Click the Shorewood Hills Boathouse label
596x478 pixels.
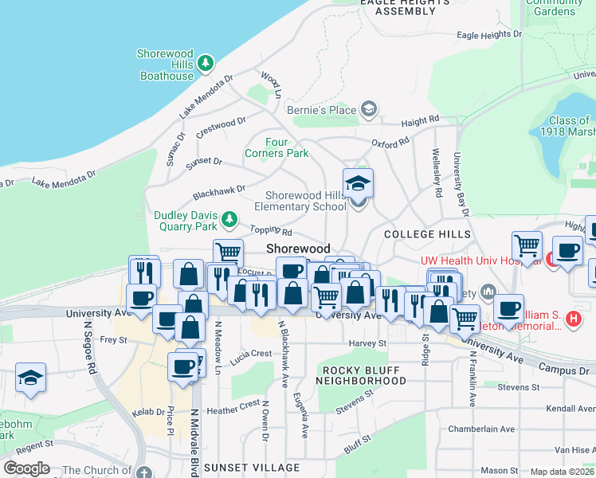pyautogui.click(x=166, y=65)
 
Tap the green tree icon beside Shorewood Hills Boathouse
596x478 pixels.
pyautogui.click(x=206, y=61)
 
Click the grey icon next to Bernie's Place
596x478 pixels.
pyautogui.click(x=368, y=109)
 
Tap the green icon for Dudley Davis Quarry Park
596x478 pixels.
pyautogui.click(x=229, y=217)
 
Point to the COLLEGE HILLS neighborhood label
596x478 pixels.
pyautogui.click(x=421, y=234)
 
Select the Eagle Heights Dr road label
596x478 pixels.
pyautogui.click(x=489, y=35)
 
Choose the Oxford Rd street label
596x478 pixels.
pyautogui.click(x=390, y=142)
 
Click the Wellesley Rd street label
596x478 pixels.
pyautogui.click(x=437, y=173)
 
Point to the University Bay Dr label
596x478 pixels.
pyautogui.click(x=460, y=183)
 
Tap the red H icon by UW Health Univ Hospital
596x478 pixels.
pyautogui.click(x=550, y=259)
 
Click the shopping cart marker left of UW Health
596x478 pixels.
pyautogui.click(x=527, y=246)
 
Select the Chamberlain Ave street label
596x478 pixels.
pyautogui.click(x=478, y=429)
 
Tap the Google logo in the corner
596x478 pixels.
pyautogui.click(x=26, y=468)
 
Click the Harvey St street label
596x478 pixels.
pyautogui.click(x=367, y=344)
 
